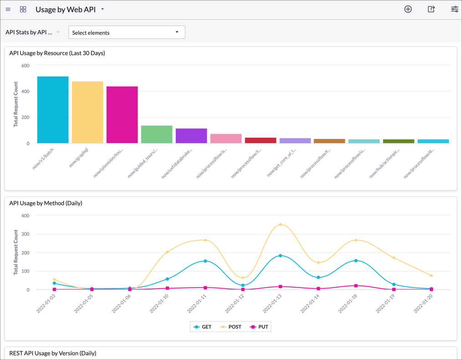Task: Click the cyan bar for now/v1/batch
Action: pyautogui.click(x=53, y=110)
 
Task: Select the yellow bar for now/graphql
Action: pyautogui.click(x=87, y=113)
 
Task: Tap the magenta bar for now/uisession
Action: pyautogui.click(x=122, y=115)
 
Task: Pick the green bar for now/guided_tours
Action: pyautogui.click(x=157, y=134)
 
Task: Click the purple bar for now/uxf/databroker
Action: pyautogui.click(x=191, y=136)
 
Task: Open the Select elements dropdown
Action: pyautogui.click(x=127, y=32)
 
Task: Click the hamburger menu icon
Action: pyautogui.click(x=8, y=9)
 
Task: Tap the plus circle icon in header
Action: pyautogui.click(x=408, y=9)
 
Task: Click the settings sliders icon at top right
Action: pyautogui.click(x=454, y=9)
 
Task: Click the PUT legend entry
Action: pyautogui.click(x=259, y=327)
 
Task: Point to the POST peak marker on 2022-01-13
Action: pyautogui.click(x=281, y=224)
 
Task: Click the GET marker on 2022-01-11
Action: pyautogui.click(x=205, y=261)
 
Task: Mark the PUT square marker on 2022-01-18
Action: pyautogui.click(x=356, y=286)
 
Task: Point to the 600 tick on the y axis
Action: pyautogui.click(x=26, y=66)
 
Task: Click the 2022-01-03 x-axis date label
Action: pyautogui.click(x=46, y=303)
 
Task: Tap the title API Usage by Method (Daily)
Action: pyautogui.click(x=46, y=203)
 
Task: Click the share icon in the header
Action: pyautogui.click(x=431, y=9)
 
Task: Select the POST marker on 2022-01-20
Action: pyautogui.click(x=431, y=276)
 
